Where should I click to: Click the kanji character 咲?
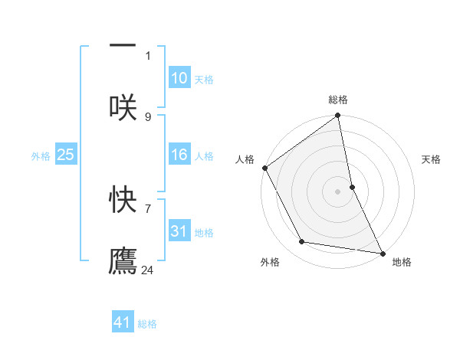pos(123,106)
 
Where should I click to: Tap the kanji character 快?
pos(123,199)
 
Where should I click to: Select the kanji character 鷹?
pos(123,261)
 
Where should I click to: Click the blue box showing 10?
pos(179,78)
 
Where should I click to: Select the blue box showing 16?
pos(179,155)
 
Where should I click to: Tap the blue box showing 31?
pos(179,231)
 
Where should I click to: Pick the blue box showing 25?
pos(65,155)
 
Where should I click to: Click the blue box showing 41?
pos(123,322)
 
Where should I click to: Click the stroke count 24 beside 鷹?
pos(148,270)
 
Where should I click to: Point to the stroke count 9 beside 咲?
pos(148,116)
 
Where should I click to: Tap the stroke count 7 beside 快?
pos(148,208)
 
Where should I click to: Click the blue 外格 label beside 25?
pos(41,156)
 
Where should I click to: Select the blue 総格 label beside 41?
pos(147,323)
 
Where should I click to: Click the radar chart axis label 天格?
pos(432,159)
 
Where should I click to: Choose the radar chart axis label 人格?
pos(245,159)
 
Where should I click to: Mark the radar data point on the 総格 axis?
pos(337,116)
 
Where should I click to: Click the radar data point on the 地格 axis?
pos(382,253)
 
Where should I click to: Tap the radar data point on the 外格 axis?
pos(302,242)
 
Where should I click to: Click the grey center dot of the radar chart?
pos(337,191)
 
